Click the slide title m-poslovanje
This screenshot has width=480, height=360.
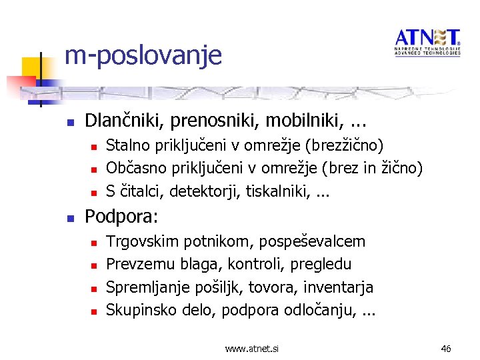[143, 54]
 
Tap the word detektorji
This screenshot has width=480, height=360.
[206, 191]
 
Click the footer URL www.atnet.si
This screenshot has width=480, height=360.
[252, 348]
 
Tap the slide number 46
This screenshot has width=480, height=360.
[446, 348]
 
